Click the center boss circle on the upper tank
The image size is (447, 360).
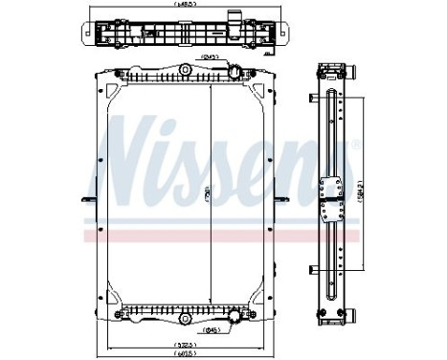(x=185, y=73)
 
